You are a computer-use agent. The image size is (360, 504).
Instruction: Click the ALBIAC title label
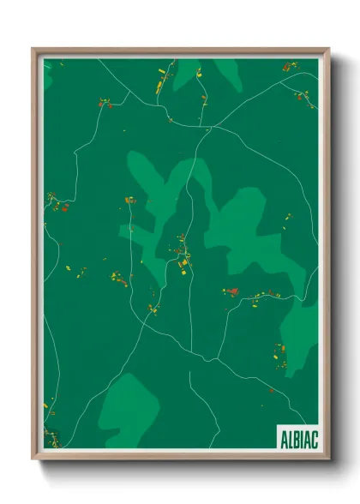(x=297, y=438)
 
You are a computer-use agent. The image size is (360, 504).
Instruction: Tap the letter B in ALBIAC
(x=293, y=438)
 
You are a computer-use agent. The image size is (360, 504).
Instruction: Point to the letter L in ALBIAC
(x=286, y=438)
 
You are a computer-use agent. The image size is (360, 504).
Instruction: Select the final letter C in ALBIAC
(x=315, y=438)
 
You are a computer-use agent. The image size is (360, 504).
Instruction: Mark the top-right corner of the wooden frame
(x=328, y=50)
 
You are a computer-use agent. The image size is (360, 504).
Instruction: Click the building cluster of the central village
(x=183, y=253)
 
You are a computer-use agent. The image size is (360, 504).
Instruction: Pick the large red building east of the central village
(x=230, y=291)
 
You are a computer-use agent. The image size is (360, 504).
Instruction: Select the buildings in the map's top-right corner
(x=288, y=66)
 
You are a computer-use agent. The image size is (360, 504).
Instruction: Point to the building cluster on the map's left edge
(x=55, y=203)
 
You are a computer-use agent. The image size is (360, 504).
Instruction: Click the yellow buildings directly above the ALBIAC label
(x=279, y=351)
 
